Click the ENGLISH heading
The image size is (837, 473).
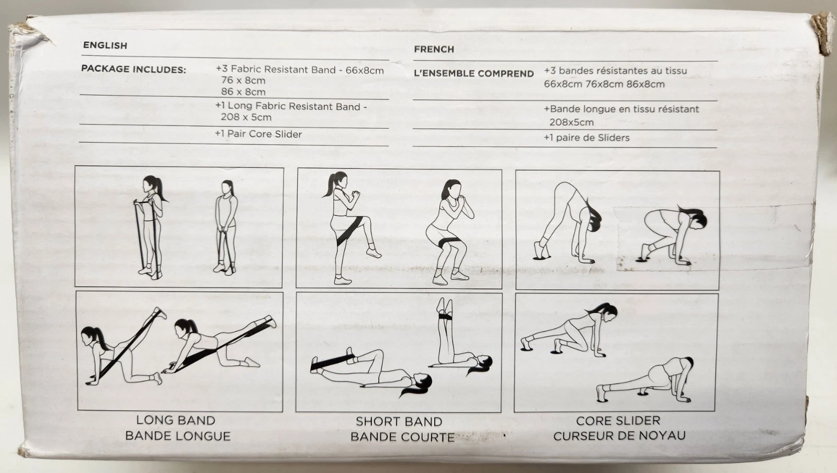click(105, 45)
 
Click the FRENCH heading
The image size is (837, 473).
click(434, 49)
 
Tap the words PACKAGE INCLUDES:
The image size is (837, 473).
click(133, 69)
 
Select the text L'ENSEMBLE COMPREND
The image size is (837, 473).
click(474, 74)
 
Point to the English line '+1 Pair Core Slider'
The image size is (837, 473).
click(258, 134)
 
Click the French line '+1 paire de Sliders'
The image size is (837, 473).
click(586, 138)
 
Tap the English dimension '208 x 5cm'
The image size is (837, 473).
click(246, 117)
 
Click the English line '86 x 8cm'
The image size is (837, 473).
click(243, 92)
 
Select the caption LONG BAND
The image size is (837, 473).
click(176, 420)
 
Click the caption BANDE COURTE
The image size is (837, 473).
click(402, 437)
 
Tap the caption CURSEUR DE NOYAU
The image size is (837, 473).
click(619, 436)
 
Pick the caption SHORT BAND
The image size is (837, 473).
click(399, 421)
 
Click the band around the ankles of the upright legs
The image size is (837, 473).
click(445, 317)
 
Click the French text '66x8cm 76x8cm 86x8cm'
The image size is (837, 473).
click(604, 84)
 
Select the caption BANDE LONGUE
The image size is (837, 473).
click(178, 436)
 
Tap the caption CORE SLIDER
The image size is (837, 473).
click(618, 421)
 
